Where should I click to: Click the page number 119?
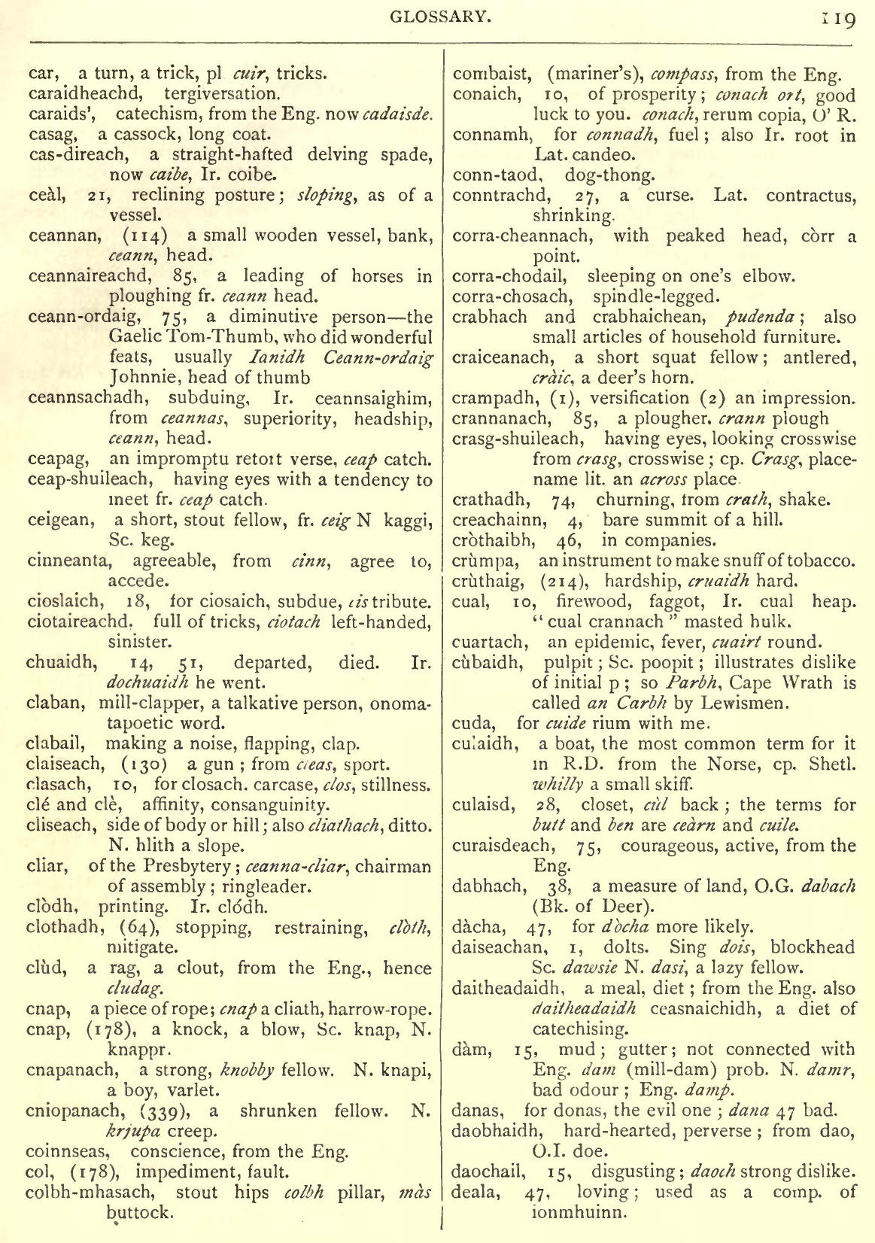[840, 19]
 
